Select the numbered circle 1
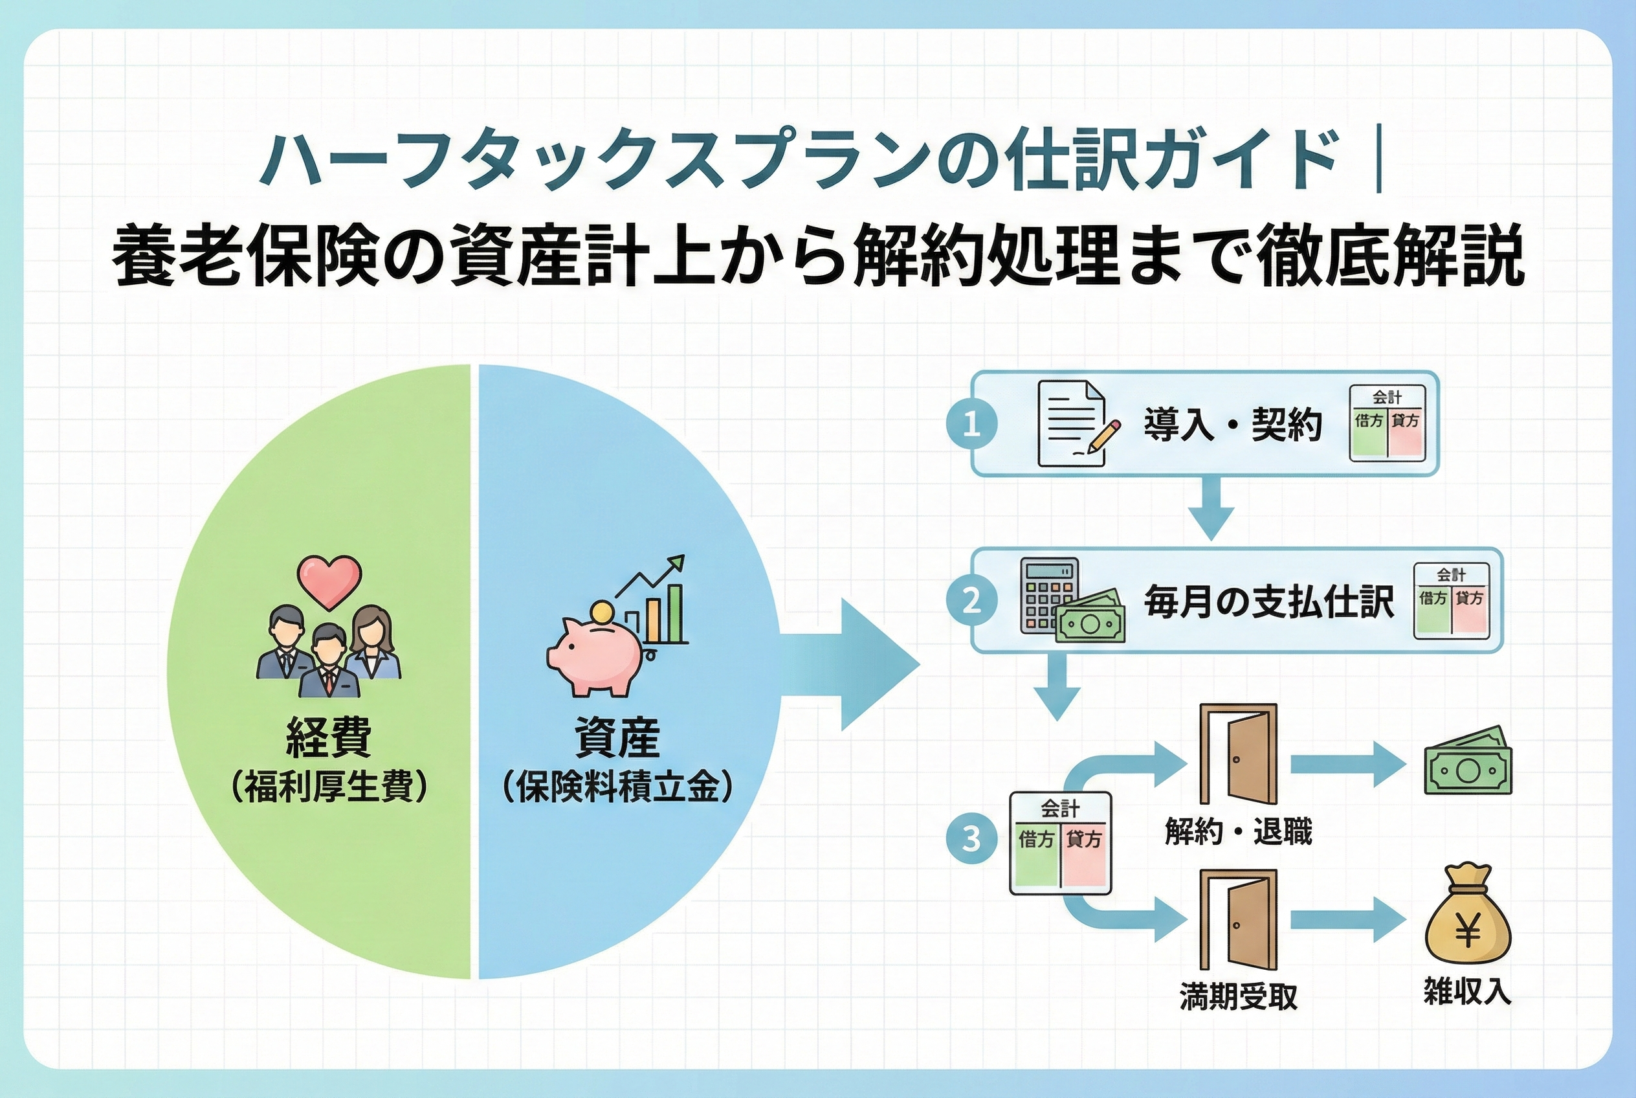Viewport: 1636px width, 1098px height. coord(971,424)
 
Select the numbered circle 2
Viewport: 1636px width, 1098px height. coord(971,601)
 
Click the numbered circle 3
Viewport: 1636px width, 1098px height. coord(971,838)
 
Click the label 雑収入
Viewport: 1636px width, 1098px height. coord(1467,992)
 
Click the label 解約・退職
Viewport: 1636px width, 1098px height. coord(1237,832)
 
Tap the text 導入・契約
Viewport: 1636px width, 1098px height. coord(1232,424)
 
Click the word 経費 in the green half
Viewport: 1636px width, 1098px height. coord(328,737)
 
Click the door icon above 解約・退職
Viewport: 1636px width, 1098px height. coord(1237,754)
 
